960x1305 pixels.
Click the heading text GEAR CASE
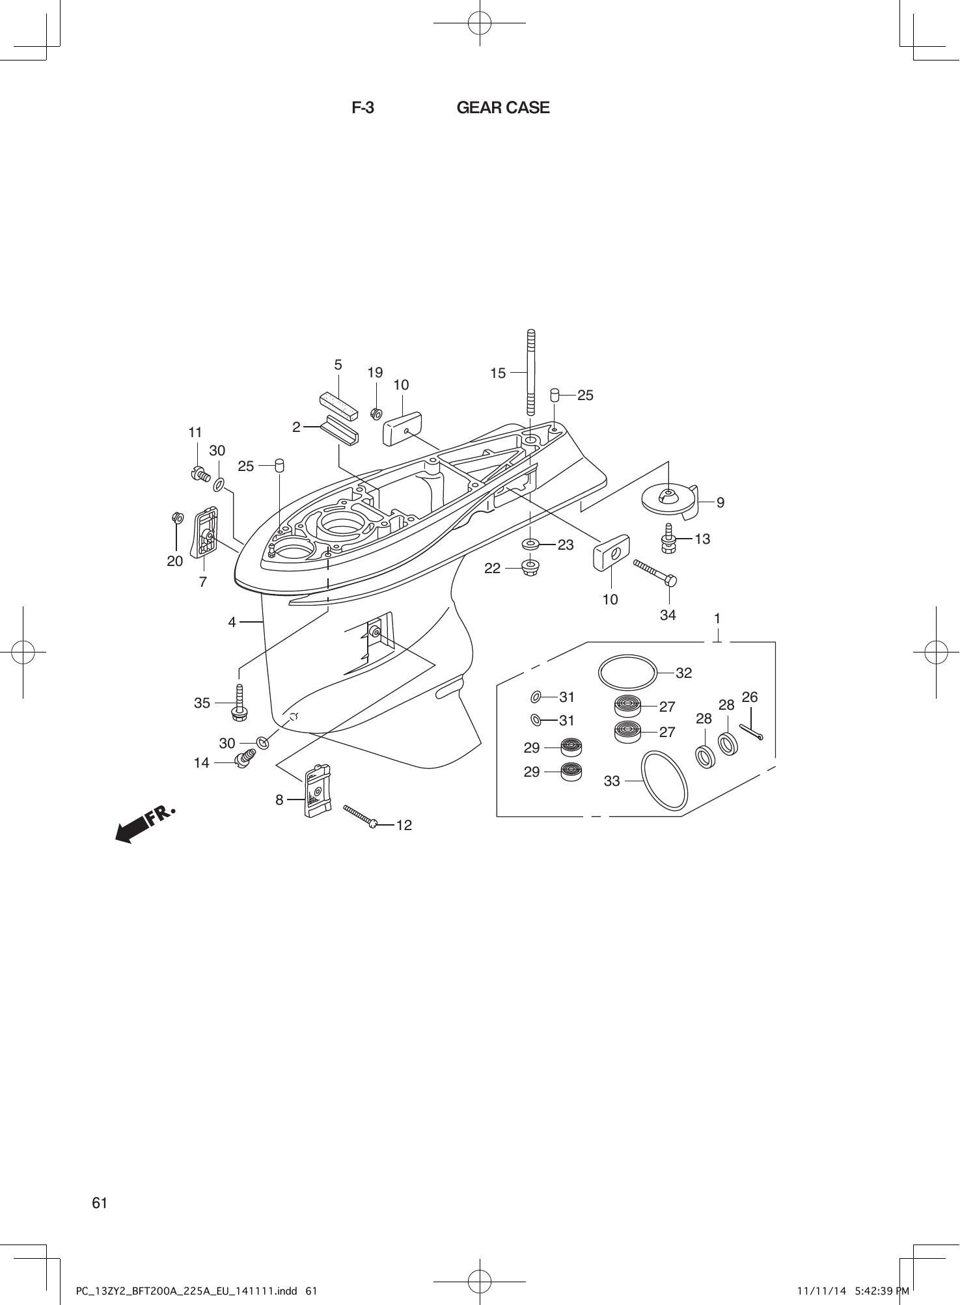pos(502,108)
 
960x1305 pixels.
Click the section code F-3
pos(363,108)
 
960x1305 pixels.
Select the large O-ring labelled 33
pos(665,780)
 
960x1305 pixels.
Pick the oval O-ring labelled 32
pos(627,672)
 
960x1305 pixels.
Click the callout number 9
pos(720,502)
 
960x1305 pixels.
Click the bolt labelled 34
pos(655,572)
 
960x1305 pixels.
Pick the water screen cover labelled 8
pos(317,790)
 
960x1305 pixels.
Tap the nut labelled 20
pos(174,517)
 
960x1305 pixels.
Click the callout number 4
pos(232,623)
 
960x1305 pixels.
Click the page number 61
pos(100,1203)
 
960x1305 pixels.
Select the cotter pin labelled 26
pos(750,732)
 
